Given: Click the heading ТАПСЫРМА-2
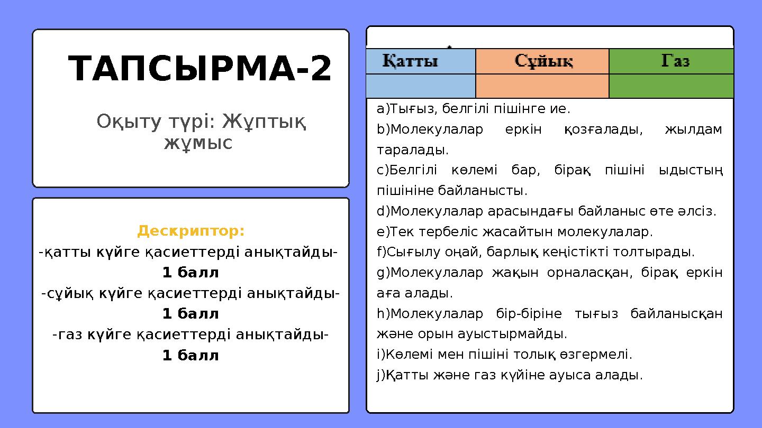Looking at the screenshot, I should point(200,69).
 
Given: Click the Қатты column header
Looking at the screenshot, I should point(411,61).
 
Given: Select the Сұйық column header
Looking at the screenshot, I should point(543,61).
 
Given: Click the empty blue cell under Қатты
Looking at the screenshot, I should point(421,86).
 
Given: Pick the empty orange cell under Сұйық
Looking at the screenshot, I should point(542,86).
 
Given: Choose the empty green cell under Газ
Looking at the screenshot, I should point(671,86).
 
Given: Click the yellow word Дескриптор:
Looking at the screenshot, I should point(191,231).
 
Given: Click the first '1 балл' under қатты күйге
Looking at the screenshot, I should point(190,273).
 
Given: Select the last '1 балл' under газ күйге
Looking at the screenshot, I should point(190,355).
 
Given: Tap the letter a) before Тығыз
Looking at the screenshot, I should point(383,109).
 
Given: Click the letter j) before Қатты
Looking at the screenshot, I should point(381,375).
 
